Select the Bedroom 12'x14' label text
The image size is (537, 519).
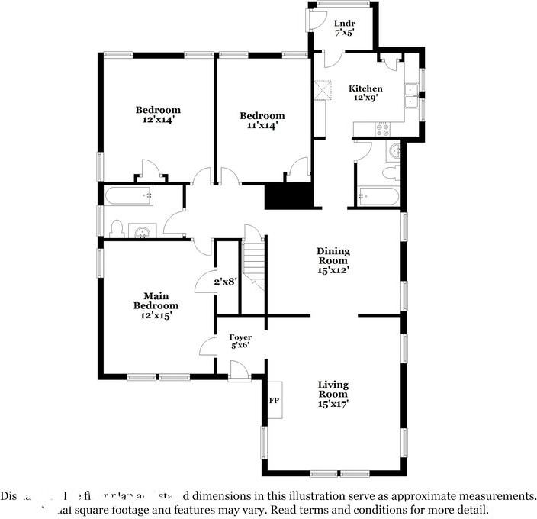coord(158,114)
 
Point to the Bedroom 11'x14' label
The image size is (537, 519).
coord(262,121)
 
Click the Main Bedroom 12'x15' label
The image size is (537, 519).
coord(156,305)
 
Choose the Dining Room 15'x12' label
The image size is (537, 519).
coord(333,260)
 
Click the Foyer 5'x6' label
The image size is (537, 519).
coord(240,341)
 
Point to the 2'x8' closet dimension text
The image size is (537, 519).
coord(225,282)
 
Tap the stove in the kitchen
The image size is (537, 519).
coord(381,129)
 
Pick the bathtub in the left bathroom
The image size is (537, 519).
coord(131,196)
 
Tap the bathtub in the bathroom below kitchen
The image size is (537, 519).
coord(378,198)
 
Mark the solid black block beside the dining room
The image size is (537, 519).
coord(288,196)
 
